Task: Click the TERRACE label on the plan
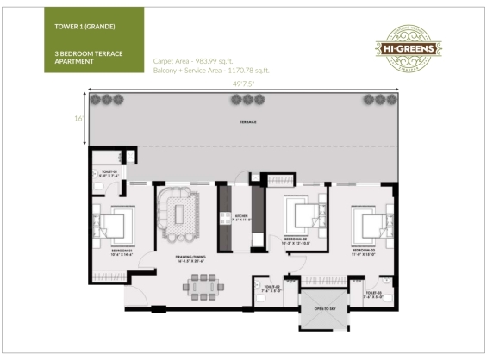247,122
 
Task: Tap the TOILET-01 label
110,175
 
